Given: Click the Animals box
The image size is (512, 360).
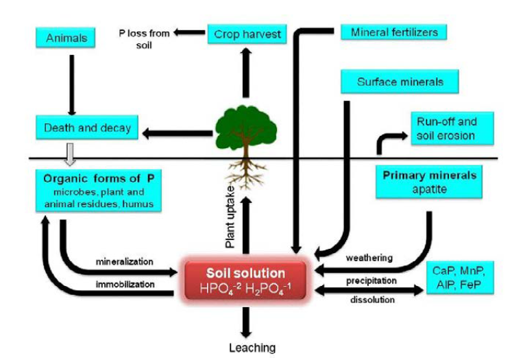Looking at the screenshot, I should coord(66,38).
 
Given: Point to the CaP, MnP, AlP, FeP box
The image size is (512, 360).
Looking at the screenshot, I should coord(459,277).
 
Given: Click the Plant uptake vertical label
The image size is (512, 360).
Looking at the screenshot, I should coord(231,215).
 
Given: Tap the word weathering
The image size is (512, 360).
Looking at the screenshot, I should coord(370,258).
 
